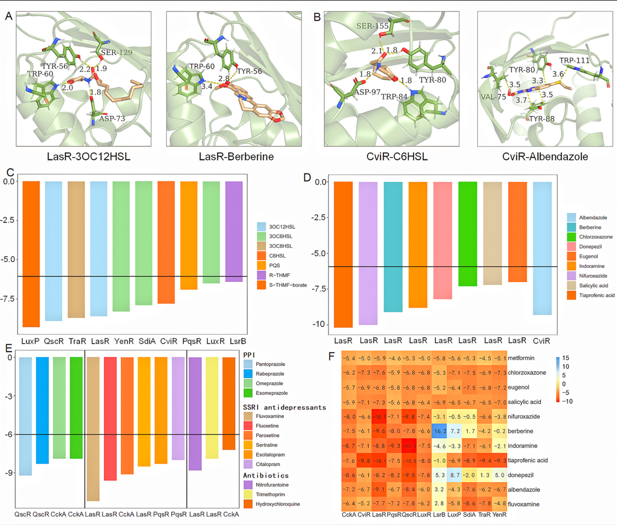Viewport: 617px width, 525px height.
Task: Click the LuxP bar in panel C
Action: point(32,254)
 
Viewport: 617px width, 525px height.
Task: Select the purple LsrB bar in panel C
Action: point(234,231)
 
